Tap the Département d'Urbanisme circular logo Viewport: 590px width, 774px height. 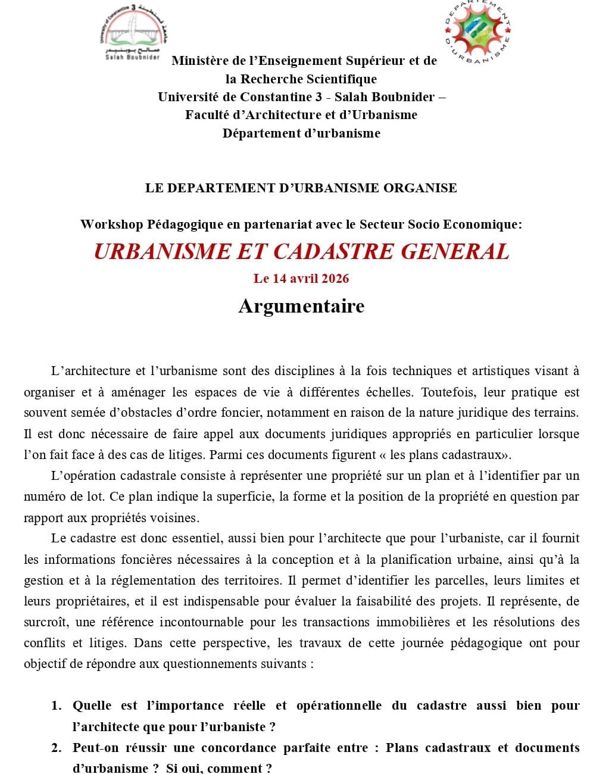(x=478, y=33)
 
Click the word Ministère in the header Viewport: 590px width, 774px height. (x=198, y=61)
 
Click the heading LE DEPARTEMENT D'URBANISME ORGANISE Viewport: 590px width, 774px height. (x=301, y=188)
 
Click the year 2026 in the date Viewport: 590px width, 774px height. (x=335, y=279)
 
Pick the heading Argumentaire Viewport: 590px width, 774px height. (x=301, y=306)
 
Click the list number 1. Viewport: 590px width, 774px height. (x=57, y=706)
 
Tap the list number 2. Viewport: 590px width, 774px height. (x=57, y=748)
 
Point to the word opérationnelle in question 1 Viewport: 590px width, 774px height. (x=339, y=706)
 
